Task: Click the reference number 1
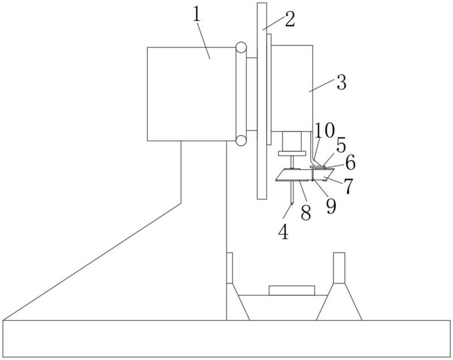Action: (x=196, y=15)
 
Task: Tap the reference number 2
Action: (x=290, y=19)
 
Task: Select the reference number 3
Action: (x=341, y=83)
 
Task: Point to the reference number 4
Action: (x=284, y=232)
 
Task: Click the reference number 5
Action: (x=341, y=145)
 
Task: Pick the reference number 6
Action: (x=351, y=162)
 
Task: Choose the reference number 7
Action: (x=348, y=186)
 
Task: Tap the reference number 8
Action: (x=305, y=213)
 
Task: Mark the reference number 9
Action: (x=331, y=207)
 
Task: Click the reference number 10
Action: (x=324, y=130)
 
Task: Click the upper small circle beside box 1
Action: (x=241, y=47)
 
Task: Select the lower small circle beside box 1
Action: (x=241, y=140)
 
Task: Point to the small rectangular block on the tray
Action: (x=292, y=290)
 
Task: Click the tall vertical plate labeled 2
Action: (x=262, y=101)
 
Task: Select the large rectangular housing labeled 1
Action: (x=191, y=94)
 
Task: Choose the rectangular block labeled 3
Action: (x=292, y=88)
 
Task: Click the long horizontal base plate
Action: (x=226, y=338)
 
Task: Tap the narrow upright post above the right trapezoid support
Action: (x=339, y=268)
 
